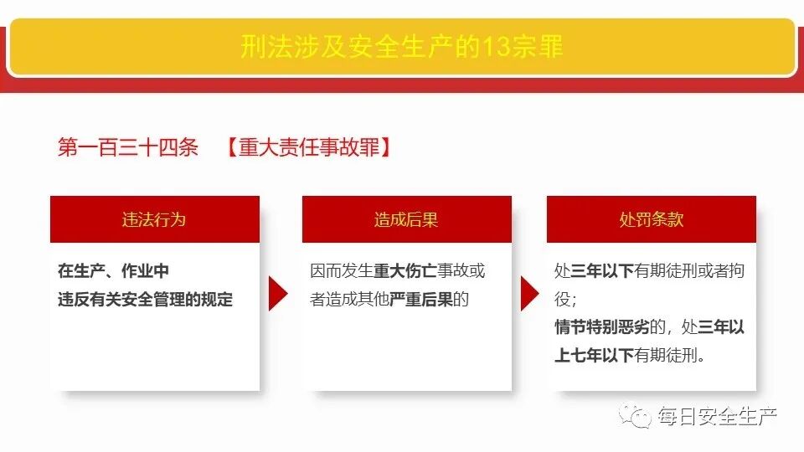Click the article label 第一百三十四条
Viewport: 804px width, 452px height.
[x=127, y=148]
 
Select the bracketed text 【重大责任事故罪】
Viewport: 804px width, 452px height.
[x=309, y=148]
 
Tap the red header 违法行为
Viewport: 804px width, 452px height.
[x=154, y=219]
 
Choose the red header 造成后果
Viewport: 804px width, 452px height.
[x=406, y=219]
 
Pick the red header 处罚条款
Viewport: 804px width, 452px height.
[x=651, y=219]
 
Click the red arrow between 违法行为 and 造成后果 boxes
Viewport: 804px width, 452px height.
[x=278, y=294]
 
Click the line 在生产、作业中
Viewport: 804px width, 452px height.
[x=113, y=271]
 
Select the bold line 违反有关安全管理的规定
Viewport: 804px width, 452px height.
[x=145, y=299]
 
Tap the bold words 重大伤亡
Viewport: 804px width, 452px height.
[x=404, y=271]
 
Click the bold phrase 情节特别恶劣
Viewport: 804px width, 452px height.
[x=595, y=327]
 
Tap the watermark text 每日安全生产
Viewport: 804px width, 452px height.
[x=719, y=415]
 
